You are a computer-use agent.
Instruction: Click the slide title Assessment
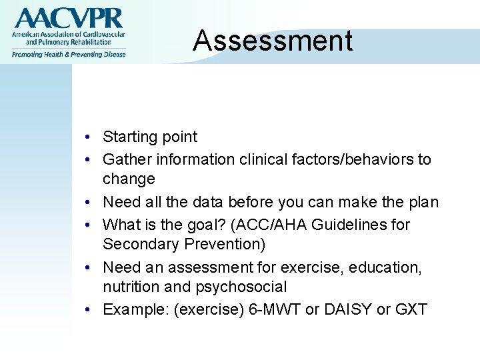coord(273,41)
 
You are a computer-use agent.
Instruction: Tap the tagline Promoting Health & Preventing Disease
coord(67,54)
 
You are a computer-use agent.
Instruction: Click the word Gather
coord(126,160)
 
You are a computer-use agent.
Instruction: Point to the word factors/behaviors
coord(353,160)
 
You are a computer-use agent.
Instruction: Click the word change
coord(129,179)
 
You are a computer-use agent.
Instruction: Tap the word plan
coord(422,202)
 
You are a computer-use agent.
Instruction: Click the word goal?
coord(195,225)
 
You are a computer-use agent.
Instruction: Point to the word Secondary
coord(137,245)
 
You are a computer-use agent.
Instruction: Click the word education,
coord(383,267)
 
